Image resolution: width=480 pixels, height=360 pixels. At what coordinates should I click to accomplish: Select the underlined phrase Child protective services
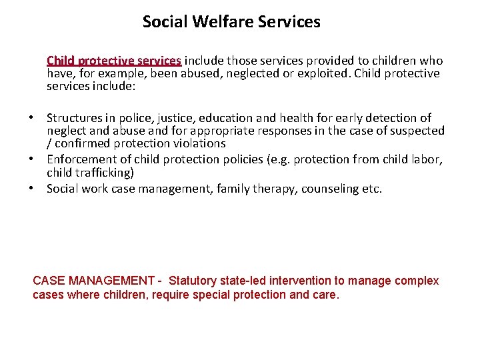[113, 61]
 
